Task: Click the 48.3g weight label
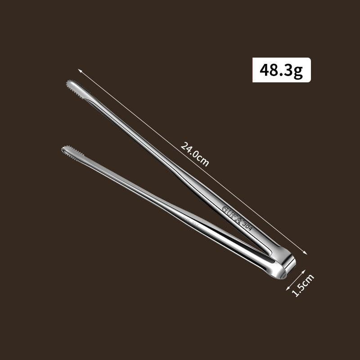(281, 70)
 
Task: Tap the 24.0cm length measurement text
(195, 153)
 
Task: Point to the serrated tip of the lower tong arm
(67, 149)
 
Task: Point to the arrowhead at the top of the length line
(80, 71)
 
